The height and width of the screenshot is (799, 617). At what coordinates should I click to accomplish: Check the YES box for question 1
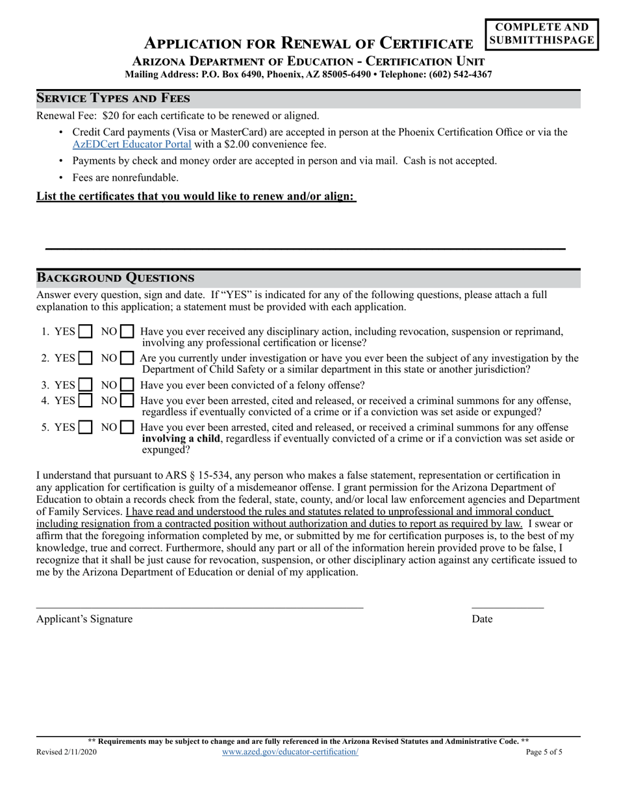click(x=85, y=332)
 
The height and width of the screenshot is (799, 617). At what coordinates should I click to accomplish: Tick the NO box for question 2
click(x=128, y=359)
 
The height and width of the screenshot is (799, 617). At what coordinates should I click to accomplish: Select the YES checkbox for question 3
click(x=85, y=385)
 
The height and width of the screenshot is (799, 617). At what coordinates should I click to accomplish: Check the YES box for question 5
click(x=85, y=427)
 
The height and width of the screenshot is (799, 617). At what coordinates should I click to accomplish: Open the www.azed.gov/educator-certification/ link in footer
click(x=290, y=752)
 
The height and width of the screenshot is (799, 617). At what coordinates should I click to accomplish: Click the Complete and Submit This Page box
click(x=542, y=34)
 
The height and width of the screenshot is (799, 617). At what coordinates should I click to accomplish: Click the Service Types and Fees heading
click(x=113, y=99)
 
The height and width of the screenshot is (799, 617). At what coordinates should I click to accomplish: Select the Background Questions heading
click(x=115, y=278)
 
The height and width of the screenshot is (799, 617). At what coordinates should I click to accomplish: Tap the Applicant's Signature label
click(x=84, y=619)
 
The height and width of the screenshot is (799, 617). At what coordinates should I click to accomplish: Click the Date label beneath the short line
click(x=482, y=619)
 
